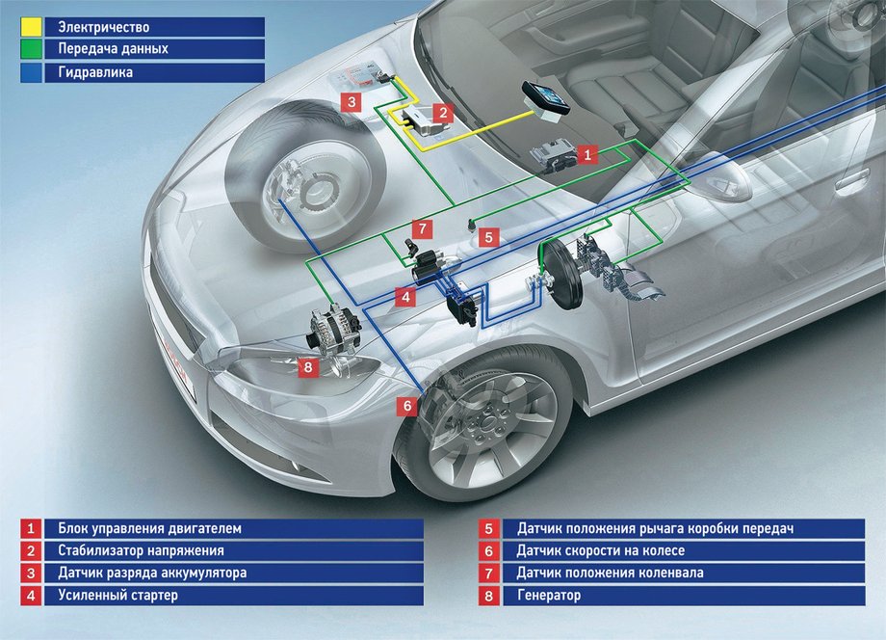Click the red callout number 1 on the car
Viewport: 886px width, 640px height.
click(590, 152)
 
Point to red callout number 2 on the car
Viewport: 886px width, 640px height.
click(443, 112)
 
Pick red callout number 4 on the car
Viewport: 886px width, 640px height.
click(407, 298)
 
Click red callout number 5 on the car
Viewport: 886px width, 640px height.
click(488, 235)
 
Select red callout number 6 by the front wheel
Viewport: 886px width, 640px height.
click(407, 406)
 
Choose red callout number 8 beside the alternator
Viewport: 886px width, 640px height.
click(307, 366)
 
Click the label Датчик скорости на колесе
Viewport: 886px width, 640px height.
click(601, 551)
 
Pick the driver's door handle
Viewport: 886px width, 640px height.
click(852, 181)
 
